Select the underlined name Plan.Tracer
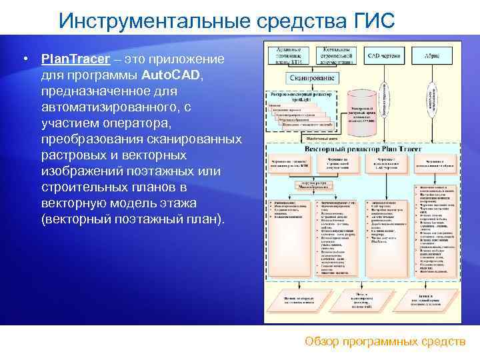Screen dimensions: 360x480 click(75, 59)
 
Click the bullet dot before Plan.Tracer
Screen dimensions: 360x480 click(24, 59)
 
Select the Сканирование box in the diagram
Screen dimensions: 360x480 click(311, 78)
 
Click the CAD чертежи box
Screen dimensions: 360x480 click(385, 57)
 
